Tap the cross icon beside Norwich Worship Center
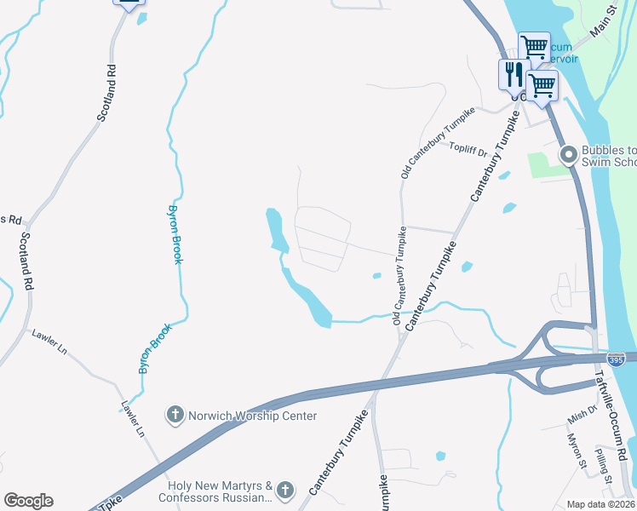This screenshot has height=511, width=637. point(175,416)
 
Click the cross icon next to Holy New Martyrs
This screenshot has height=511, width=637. point(284,490)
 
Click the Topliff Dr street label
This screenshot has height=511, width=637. point(468,152)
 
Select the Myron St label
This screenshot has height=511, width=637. point(578,450)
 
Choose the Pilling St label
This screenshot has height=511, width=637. point(604,465)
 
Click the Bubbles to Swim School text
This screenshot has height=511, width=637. point(609,156)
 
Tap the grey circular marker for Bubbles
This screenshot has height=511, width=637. point(568,155)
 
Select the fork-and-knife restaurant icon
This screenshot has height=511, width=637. point(513,73)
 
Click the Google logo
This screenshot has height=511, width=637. point(28,501)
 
